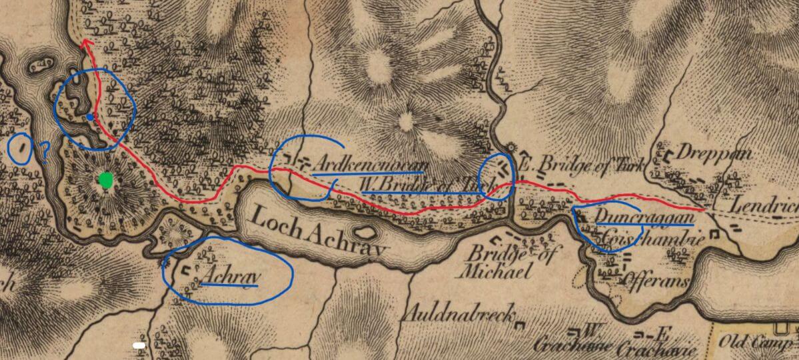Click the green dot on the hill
(x=105, y=180)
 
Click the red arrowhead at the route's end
(x=85, y=43)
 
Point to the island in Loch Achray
(x=364, y=233)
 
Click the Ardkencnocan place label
(x=369, y=163)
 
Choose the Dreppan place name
(x=714, y=153)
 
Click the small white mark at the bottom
(x=139, y=345)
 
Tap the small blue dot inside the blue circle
(x=90, y=117)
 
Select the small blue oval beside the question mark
(x=21, y=148)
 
